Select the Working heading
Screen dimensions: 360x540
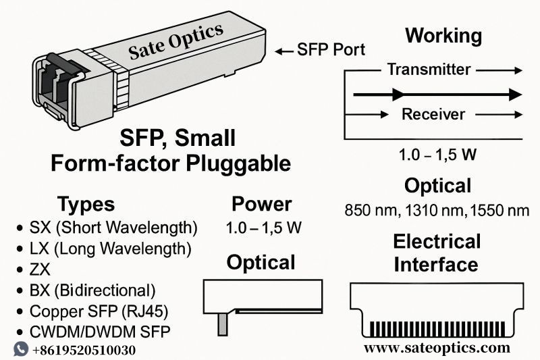point(443,36)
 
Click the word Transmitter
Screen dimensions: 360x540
point(429,69)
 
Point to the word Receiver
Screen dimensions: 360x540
point(433,113)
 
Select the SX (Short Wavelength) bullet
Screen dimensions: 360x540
point(113,226)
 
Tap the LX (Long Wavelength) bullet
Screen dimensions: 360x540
point(111,248)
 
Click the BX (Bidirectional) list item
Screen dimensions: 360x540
point(92,291)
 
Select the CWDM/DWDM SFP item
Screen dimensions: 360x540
point(99,332)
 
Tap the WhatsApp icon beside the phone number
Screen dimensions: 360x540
point(21,349)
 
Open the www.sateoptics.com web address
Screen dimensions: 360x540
point(437,349)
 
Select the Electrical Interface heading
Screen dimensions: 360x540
point(437,252)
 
